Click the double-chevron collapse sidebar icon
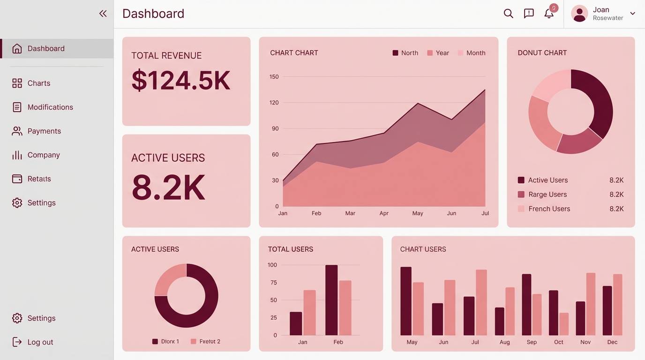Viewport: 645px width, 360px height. click(103, 14)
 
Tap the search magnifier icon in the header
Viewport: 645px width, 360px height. click(508, 14)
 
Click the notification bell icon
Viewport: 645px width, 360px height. click(549, 14)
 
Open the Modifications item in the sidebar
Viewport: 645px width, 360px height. click(50, 107)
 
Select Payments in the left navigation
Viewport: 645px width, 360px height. click(44, 131)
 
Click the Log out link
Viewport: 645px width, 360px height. click(40, 342)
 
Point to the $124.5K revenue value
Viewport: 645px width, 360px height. click(181, 81)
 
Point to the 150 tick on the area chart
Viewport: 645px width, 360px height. click(274, 77)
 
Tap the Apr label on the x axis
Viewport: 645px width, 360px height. click(384, 213)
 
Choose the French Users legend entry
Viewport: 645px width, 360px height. click(548, 209)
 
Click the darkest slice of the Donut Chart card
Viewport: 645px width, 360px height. click(600, 103)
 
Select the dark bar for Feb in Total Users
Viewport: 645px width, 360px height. click(331, 300)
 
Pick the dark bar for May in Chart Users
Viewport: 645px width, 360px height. click(406, 301)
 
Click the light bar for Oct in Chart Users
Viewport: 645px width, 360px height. click(564, 324)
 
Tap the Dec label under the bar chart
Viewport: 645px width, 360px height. click(612, 342)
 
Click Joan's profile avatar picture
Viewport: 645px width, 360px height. click(579, 14)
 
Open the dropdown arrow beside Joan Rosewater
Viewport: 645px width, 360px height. click(632, 14)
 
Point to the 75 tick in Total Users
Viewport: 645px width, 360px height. click(273, 283)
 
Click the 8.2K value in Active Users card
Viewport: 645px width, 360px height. click(168, 187)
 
